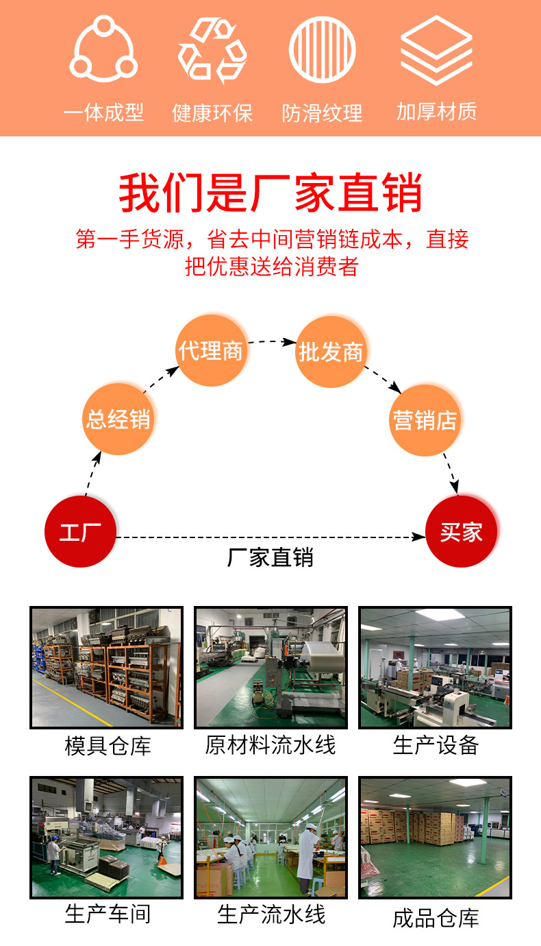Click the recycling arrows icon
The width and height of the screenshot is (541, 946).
coord(212,50)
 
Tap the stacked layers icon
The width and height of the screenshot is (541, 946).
coord(436,49)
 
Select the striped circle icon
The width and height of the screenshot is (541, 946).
coord(323,49)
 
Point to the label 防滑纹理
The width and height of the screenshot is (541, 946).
coord(322,112)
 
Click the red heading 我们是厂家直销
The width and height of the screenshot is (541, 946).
coord(270,193)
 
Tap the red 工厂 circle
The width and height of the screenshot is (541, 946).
coord(80,531)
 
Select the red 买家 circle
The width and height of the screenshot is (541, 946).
coord(462,531)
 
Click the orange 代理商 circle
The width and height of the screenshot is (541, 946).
coord(211,350)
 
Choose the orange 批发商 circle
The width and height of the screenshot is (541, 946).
coord(331,352)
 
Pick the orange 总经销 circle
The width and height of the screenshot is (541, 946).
coord(118,419)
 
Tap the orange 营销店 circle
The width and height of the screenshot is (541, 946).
coord(425,420)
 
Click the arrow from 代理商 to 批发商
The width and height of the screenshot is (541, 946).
coord(272,341)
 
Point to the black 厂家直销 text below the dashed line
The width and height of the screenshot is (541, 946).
coord(270,557)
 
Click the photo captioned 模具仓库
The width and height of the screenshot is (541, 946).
coord(106,667)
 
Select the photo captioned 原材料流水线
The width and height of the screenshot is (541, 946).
coord(270,667)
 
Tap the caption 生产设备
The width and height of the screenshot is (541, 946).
coord(436,745)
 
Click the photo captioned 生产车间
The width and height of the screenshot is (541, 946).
coord(106,838)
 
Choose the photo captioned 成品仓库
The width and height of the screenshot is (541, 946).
coord(435,838)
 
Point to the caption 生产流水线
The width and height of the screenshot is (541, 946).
coord(271,914)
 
